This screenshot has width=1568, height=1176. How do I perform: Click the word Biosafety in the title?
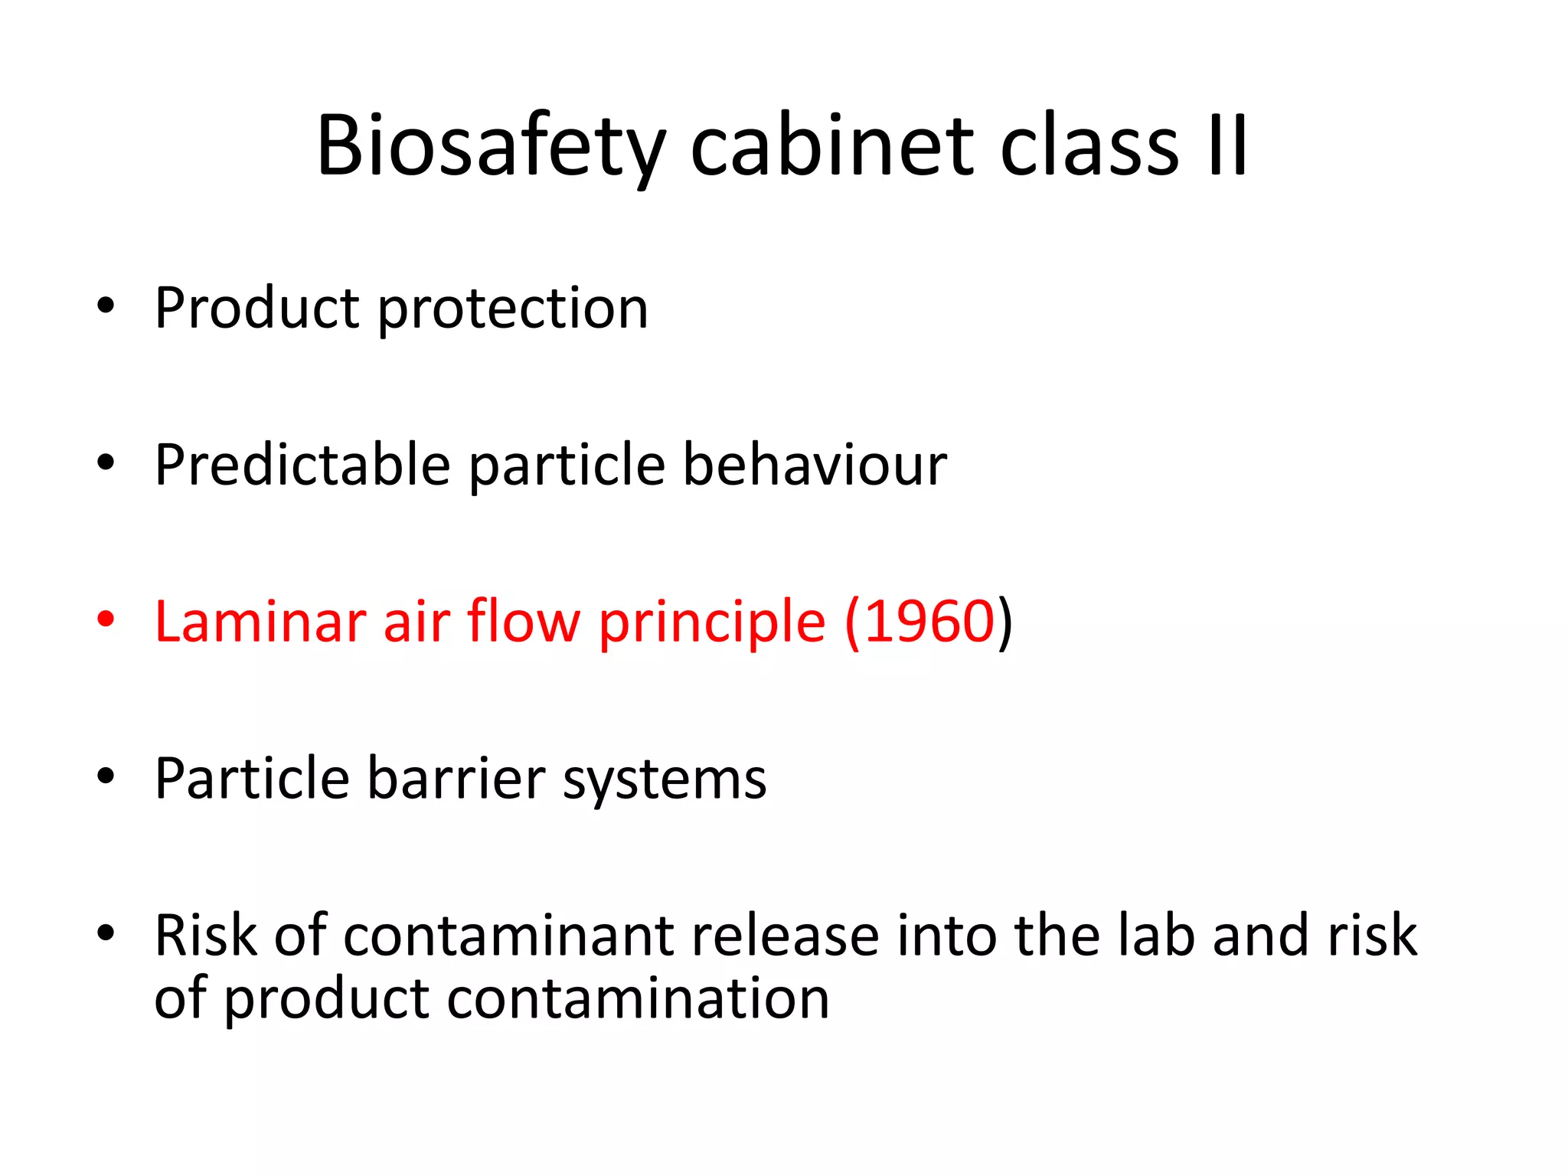pyautogui.click(x=491, y=145)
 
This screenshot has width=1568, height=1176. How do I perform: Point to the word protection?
pyautogui.click(x=513, y=309)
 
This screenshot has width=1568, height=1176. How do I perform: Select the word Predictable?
pyautogui.click(x=302, y=465)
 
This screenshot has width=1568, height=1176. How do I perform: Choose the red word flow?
pyautogui.click(x=524, y=621)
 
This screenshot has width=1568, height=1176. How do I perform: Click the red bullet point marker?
pyautogui.click(x=106, y=619)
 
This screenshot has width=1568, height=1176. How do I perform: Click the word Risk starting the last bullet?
pyautogui.click(x=203, y=936)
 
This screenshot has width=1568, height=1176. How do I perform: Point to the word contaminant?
pyautogui.click(x=509, y=936)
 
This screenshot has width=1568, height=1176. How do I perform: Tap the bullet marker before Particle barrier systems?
pyautogui.click(x=106, y=776)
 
